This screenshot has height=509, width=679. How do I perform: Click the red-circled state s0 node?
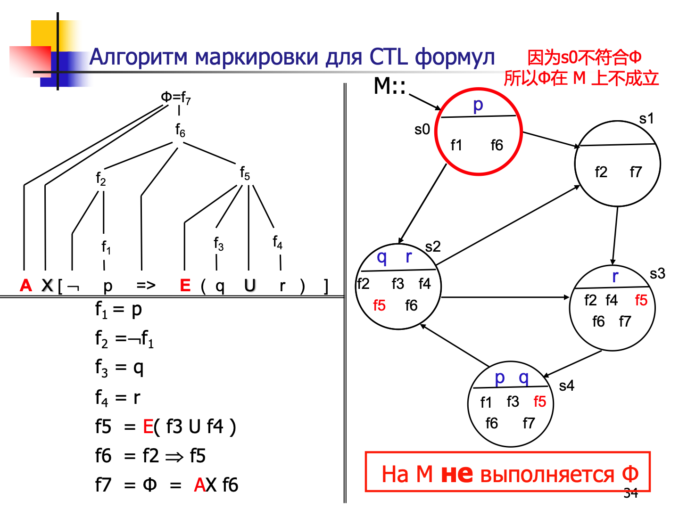[x=478, y=132]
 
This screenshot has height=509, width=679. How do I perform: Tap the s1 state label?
[x=646, y=118]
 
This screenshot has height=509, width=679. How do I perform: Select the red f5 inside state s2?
[x=379, y=305]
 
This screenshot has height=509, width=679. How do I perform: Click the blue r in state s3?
[x=615, y=277]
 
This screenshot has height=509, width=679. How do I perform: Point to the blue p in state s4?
[x=500, y=377]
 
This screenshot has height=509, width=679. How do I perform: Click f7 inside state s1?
[x=636, y=172]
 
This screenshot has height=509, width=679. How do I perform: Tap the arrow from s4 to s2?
[x=455, y=345]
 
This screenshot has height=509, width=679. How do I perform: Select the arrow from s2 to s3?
[x=505, y=297]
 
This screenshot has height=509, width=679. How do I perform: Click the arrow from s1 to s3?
[x=615, y=236]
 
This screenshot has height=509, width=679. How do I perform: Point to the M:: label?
[x=389, y=86]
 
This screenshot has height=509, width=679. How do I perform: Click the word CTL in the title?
[x=389, y=57]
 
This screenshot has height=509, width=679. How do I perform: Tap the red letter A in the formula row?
[x=26, y=286]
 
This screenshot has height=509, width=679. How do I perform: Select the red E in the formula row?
[x=185, y=286]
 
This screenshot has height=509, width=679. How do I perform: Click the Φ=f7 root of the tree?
[x=176, y=98]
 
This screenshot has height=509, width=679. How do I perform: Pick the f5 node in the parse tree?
[x=245, y=173]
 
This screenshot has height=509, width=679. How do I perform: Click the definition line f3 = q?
[x=119, y=368]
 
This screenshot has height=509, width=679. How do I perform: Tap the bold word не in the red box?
[x=456, y=474]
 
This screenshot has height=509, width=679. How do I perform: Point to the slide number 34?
[x=630, y=493]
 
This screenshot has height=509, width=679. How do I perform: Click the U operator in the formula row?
[x=249, y=286]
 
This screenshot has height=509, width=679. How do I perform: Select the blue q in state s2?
[x=382, y=257]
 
